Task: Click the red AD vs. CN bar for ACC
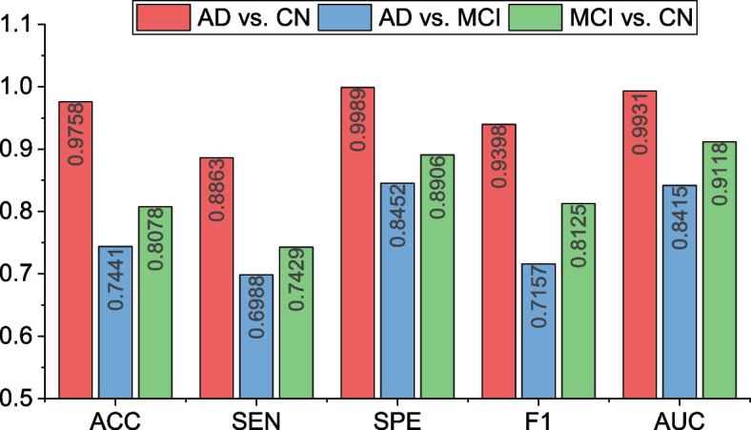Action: [x=75, y=250]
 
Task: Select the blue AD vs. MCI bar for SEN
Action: [x=256, y=337]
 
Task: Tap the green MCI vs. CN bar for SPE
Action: [x=437, y=276]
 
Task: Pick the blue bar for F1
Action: [x=538, y=331]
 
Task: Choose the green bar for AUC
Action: [x=720, y=270]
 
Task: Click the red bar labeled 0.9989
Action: [x=357, y=243]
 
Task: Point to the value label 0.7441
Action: [x=115, y=279]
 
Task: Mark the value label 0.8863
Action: [x=216, y=191]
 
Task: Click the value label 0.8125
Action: [x=578, y=236]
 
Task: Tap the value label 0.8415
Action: [x=680, y=217]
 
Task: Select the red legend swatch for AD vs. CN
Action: [x=163, y=18]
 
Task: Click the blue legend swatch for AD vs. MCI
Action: [x=344, y=18]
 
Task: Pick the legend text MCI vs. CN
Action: [x=631, y=18]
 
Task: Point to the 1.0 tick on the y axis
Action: [x=42, y=87]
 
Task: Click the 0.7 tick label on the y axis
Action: [x=15, y=275]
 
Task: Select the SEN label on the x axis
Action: [x=256, y=420]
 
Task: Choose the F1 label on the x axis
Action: [x=538, y=420]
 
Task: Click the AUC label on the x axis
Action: [x=680, y=420]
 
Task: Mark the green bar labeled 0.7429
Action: [x=296, y=323]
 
